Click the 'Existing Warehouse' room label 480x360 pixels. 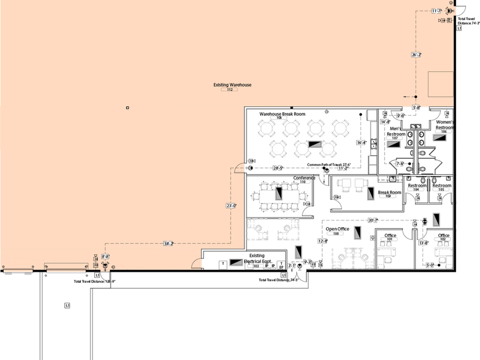[232, 85]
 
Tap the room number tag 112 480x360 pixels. [229, 89]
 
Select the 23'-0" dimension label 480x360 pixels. [231, 206]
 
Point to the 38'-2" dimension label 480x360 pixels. [168, 243]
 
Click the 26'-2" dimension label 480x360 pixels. [416, 55]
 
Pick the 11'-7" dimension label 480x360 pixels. [436, 11]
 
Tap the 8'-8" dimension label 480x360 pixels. [106, 256]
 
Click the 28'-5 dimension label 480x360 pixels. [277, 168]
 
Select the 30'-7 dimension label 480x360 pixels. [372, 220]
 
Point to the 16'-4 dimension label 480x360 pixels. [361, 142]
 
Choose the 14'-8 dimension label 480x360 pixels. [384, 122]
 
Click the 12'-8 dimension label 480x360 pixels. [322, 241]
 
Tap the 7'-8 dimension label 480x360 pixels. [399, 164]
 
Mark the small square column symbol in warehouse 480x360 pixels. [128, 108]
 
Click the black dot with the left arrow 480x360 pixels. [415, 96]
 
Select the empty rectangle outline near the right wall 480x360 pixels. [440, 84]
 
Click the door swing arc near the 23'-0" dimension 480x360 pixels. [239, 169]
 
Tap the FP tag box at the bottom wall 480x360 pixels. [96, 265]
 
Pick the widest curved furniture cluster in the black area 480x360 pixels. [352, 258]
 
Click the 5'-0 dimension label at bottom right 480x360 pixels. [429, 265]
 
